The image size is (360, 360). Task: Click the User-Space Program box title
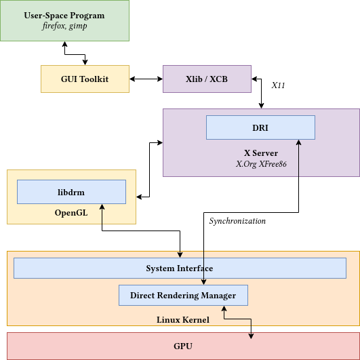click(64, 16)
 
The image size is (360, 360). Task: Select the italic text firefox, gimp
click(64, 26)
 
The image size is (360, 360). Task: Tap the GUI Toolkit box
click(85, 79)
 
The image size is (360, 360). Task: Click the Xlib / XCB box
click(207, 79)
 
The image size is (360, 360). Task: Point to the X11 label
click(279, 86)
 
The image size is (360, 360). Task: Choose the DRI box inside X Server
click(260, 127)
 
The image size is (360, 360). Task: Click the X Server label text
click(260, 153)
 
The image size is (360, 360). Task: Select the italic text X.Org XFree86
click(260, 164)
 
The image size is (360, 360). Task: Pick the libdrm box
click(71, 192)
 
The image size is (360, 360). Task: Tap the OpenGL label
click(71, 213)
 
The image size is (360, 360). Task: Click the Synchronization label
click(237, 221)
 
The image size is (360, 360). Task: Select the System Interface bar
click(180, 268)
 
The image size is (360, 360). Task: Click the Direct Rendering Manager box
click(183, 296)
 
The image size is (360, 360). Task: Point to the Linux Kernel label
click(183, 319)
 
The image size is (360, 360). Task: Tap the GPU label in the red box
click(183, 346)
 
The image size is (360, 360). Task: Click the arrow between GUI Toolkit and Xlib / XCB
click(146, 79)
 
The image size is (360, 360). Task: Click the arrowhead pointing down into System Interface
click(180, 255)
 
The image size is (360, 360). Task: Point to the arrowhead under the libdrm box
click(101, 207)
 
